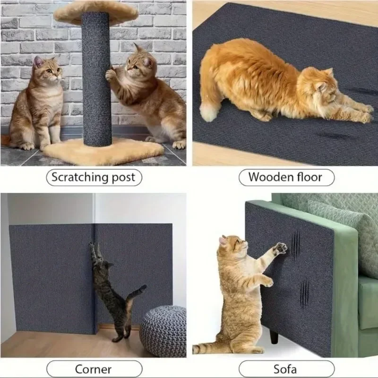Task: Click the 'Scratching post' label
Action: point(93,178)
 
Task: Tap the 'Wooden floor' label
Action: point(285,178)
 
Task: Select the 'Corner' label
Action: point(93,369)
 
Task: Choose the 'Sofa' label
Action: point(286,369)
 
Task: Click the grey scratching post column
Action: point(96,80)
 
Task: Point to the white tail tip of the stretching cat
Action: point(208,112)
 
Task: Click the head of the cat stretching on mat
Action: point(326,87)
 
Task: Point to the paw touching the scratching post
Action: point(111,74)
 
